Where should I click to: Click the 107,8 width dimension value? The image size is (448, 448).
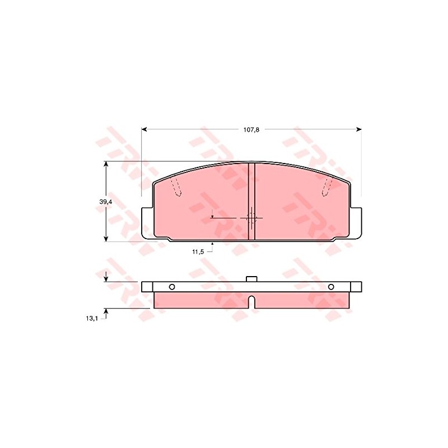click(251, 129)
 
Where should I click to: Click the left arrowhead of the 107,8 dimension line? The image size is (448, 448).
click(144, 129)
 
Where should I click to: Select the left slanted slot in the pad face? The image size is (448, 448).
click(176, 189)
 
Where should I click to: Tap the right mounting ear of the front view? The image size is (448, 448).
click(356, 221)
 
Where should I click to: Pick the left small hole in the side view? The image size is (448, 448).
click(172, 287)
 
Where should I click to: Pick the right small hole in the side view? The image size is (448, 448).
click(331, 287)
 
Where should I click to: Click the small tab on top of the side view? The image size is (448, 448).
click(251, 278)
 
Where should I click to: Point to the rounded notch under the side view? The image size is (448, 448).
click(251, 302)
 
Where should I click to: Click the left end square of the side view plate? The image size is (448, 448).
click(147, 287)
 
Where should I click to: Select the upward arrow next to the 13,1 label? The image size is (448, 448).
click(106, 312)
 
